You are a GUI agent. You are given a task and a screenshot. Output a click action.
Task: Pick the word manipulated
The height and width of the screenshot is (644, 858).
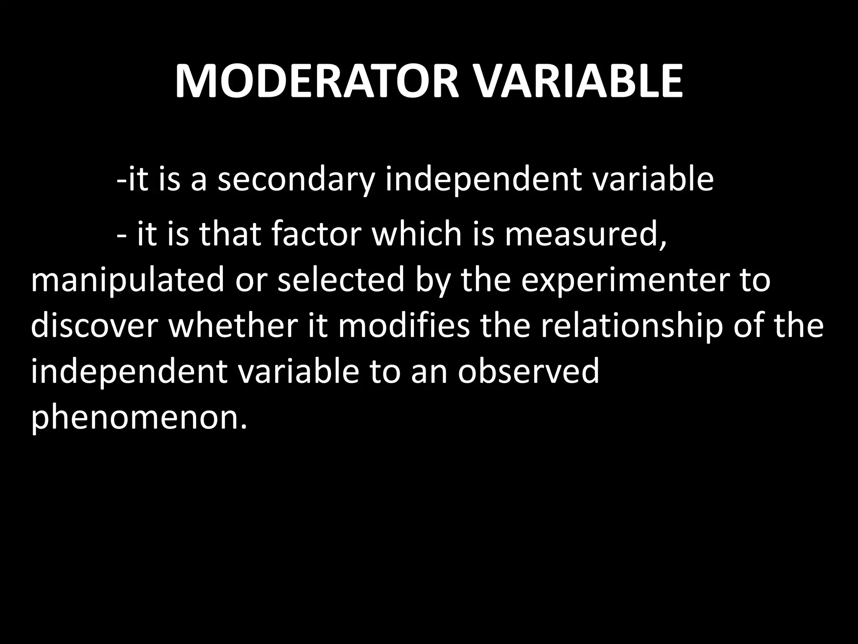pyautogui.click(x=128, y=281)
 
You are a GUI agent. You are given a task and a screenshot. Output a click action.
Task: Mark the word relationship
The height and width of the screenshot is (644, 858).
pyautogui.click(x=631, y=327)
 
